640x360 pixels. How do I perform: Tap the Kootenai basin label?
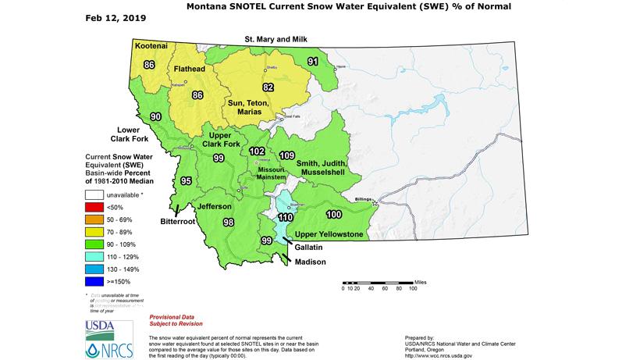point(151,46)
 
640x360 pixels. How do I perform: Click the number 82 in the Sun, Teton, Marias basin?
point(268,87)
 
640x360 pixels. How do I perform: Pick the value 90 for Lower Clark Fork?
point(156,116)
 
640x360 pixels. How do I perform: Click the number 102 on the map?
point(257,151)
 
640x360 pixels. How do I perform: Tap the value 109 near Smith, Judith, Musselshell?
point(286,155)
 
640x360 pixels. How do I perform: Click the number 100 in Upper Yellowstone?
point(334,214)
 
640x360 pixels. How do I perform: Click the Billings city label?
point(364,199)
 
